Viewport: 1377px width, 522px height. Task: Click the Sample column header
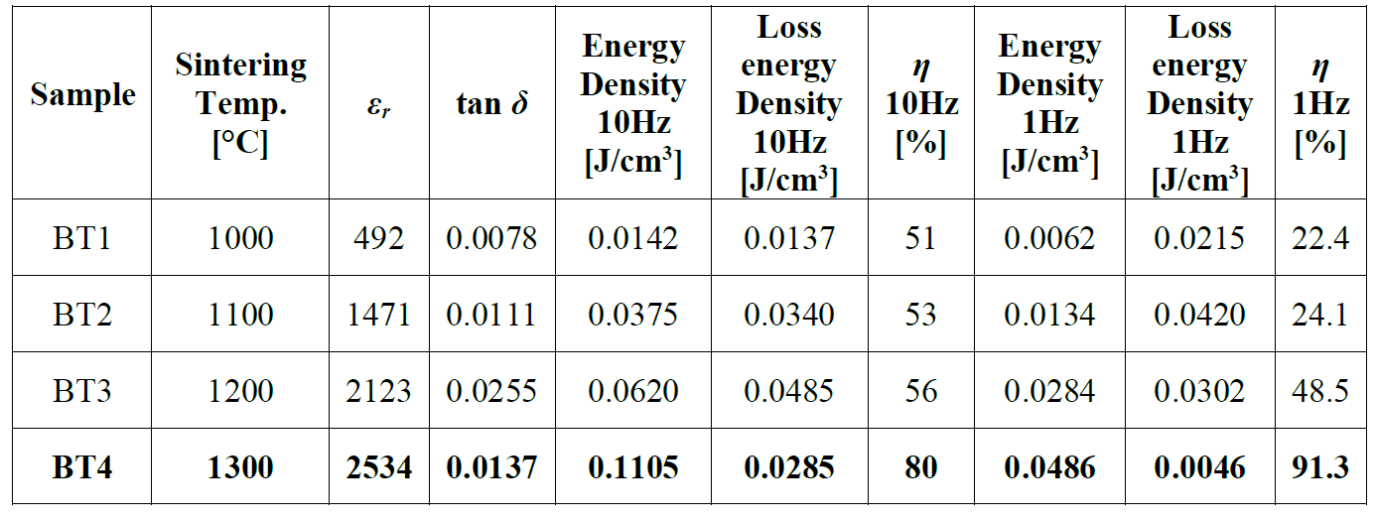pyautogui.click(x=82, y=95)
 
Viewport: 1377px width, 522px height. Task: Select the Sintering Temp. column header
pyautogui.click(x=240, y=104)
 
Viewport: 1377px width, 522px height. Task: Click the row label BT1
pyautogui.click(x=82, y=238)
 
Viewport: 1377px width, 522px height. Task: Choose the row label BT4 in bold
pyautogui.click(x=82, y=466)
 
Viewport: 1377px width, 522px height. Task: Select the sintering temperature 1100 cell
pyautogui.click(x=240, y=315)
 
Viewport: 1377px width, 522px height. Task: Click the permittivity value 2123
pyautogui.click(x=379, y=391)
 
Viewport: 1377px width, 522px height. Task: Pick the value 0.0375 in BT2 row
pyautogui.click(x=633, y=315)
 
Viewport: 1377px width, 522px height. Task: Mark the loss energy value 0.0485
pyautogui.click(x=789, y=391)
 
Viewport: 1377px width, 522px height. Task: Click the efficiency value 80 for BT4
pyautogui.click(x=921, y=466)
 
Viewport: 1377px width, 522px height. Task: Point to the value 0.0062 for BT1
pyautogui.click(x=1049, y=238)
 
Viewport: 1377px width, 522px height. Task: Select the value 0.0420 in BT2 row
pyautogui.click(x=1199, y=315)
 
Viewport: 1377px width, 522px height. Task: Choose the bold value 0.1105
pyautogui.click(x=633, y=466)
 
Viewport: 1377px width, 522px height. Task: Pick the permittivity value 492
pyautogui.click(x=379, y=238)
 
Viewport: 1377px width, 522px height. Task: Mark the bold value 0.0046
pyautogui.click(x=1199, y=466)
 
